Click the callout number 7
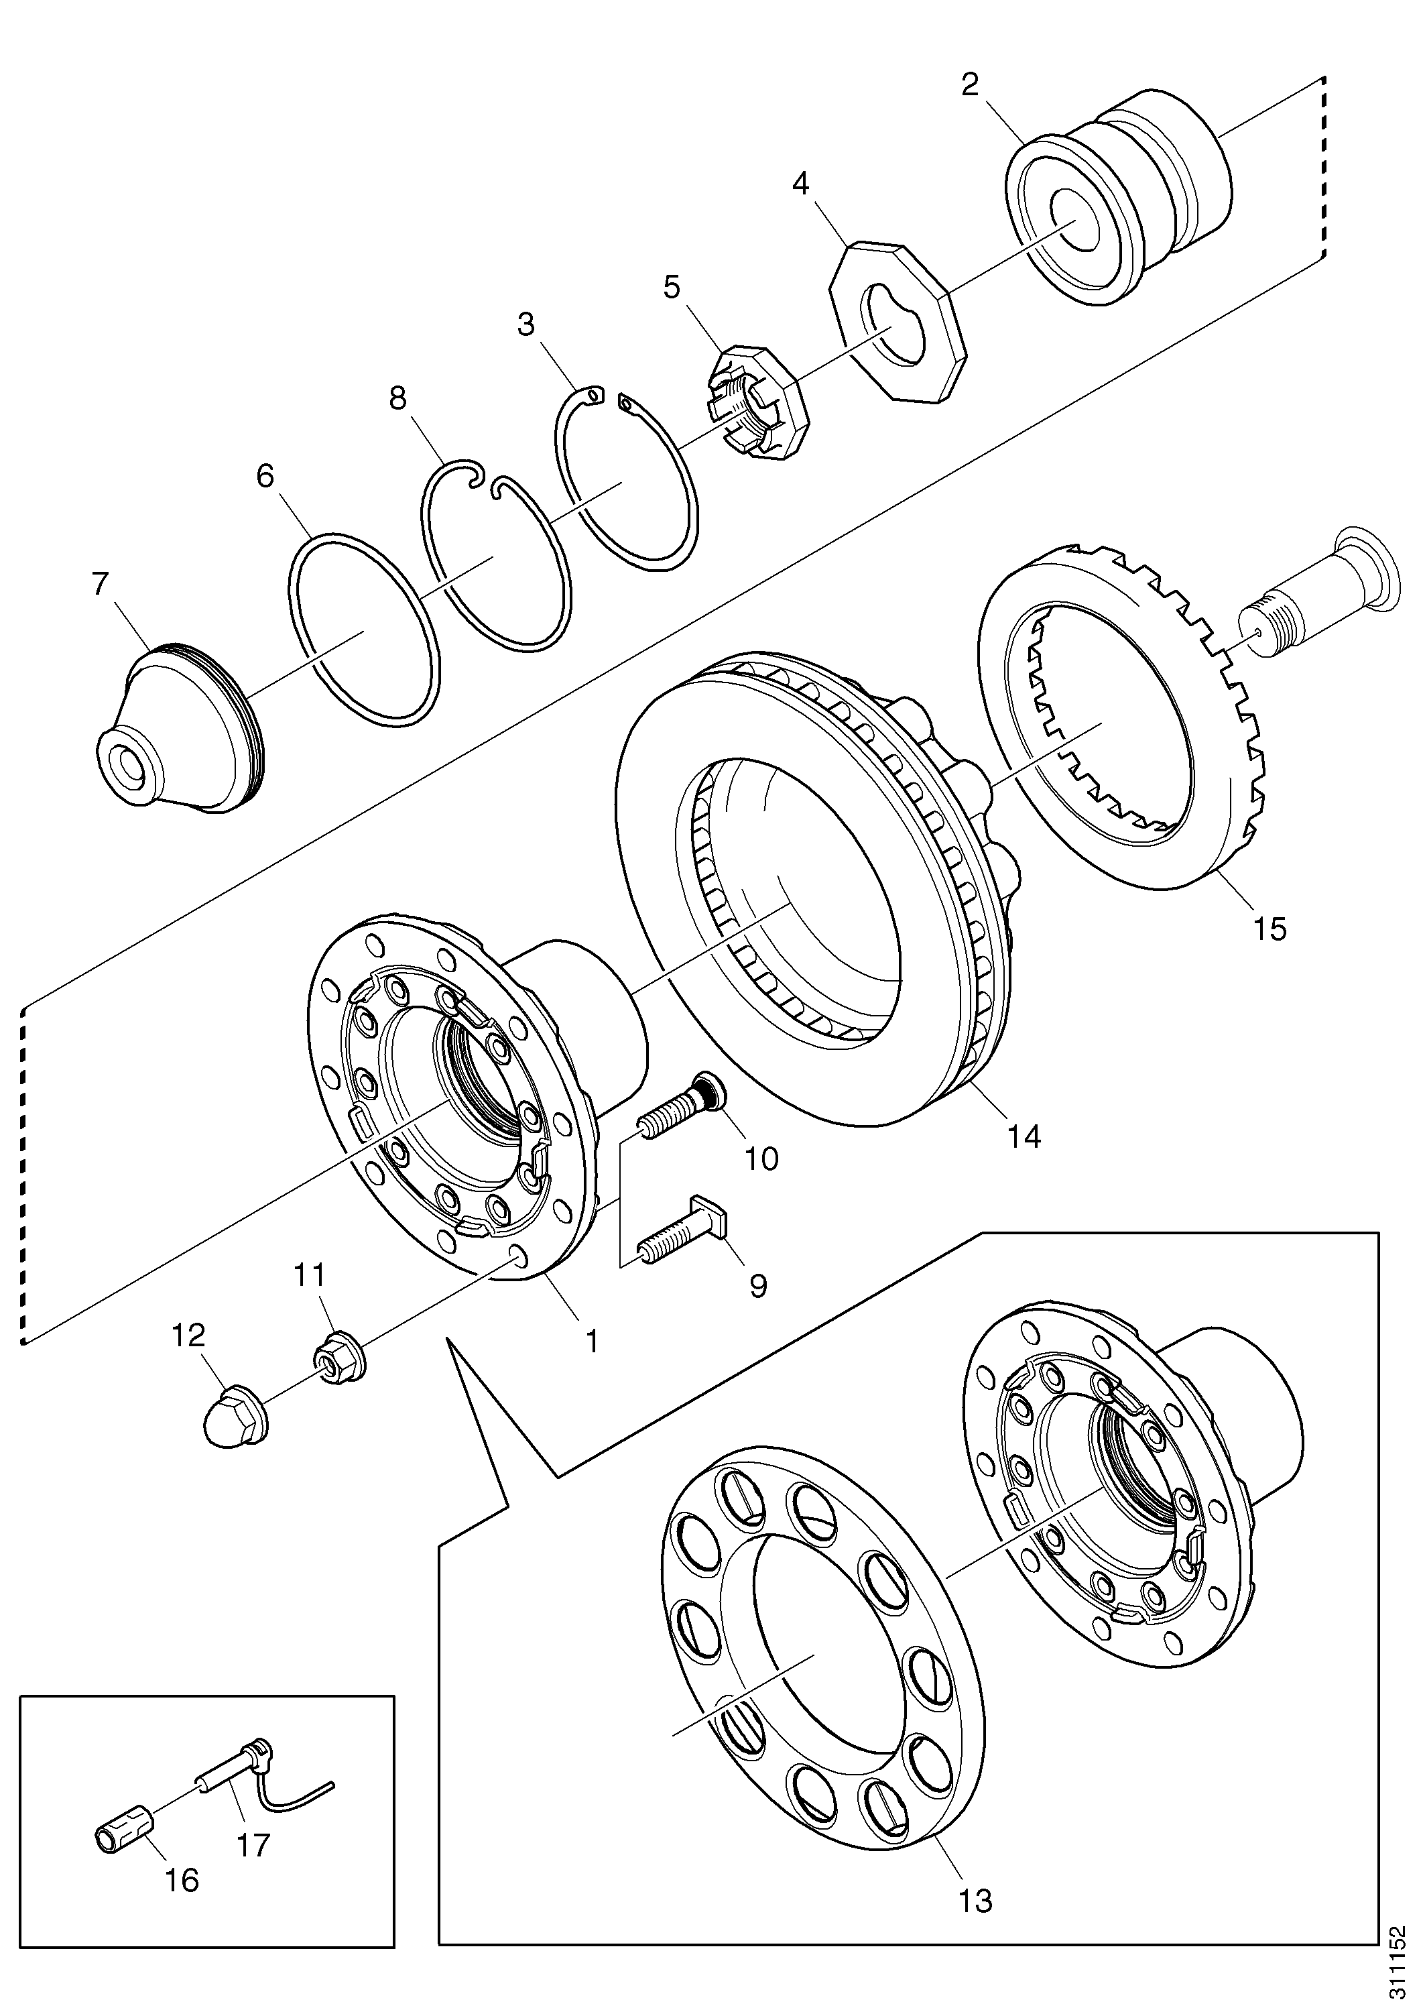101,584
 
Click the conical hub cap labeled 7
178,726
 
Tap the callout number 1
593,1341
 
